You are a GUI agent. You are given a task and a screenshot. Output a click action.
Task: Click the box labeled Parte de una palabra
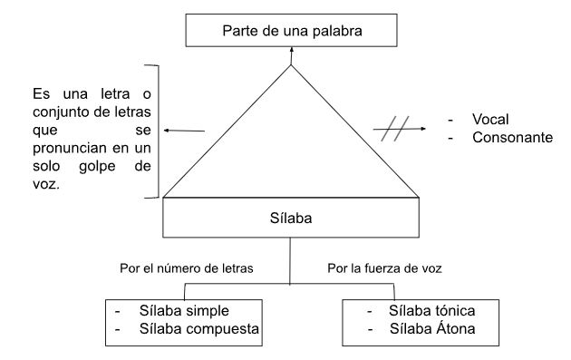point(292,32)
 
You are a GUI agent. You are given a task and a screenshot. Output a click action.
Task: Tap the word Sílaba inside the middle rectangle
point(290,219)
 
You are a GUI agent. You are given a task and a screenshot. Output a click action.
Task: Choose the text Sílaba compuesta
point(200,329)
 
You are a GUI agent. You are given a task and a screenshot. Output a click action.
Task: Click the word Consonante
point(510,139)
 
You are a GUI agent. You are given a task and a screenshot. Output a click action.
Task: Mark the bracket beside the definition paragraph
point(160,131)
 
